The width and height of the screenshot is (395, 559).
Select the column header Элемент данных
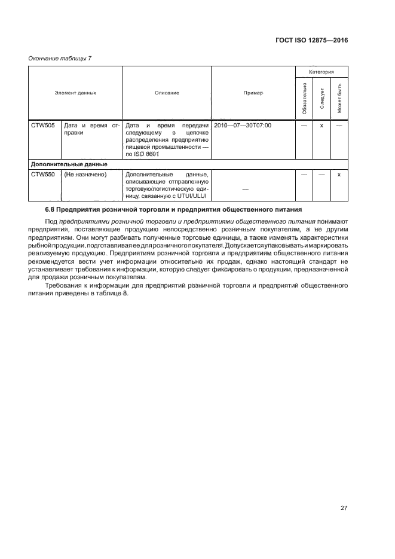click(x=76, y=93)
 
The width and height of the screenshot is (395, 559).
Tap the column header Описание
click(x=167, y=93)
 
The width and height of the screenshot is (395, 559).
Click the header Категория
click(x=321, y=71)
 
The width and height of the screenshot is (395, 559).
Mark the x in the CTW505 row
click(x=321, y=126)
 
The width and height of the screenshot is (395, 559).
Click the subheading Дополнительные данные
click(x=69, y=164)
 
